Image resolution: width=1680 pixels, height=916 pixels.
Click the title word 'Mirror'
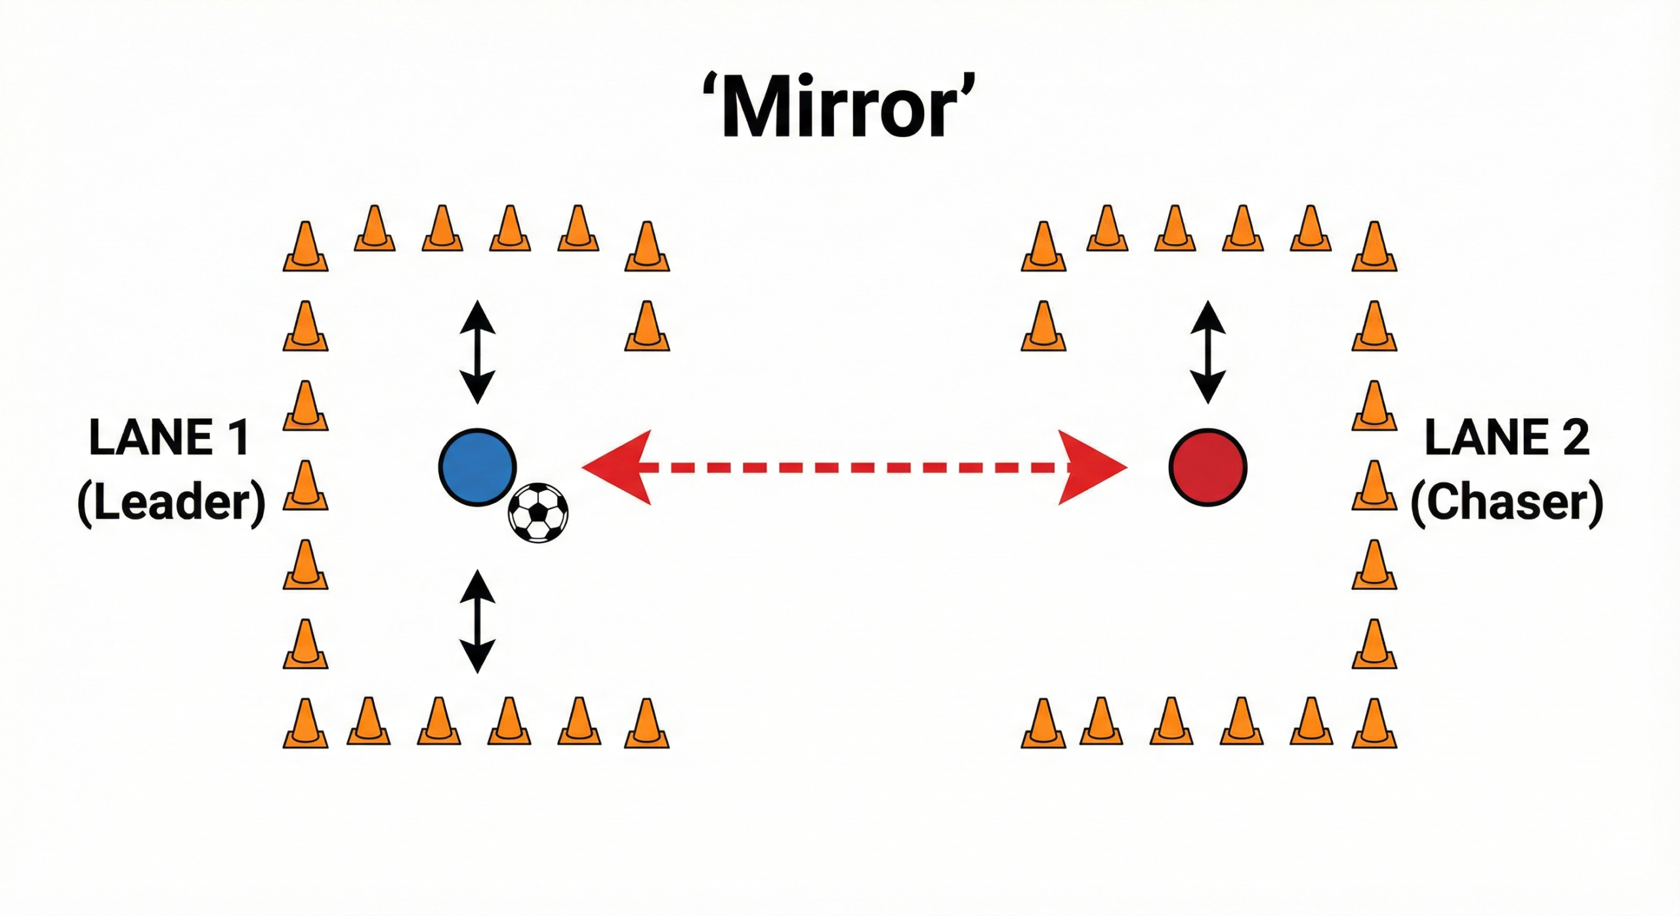(x=839, y=108)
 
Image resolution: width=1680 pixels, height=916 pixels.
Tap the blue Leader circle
(x=477, y=467)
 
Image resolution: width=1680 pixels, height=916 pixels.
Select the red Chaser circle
(x=1207, y=467)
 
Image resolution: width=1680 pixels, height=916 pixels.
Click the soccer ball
(x=538, y=512)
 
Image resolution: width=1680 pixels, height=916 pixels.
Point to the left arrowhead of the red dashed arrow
(x=617, y=467)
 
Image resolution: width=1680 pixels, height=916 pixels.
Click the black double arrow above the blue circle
(x=477, y=352)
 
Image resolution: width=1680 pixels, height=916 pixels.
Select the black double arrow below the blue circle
(x=477, y=621)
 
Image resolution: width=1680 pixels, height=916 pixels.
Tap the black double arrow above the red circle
(x=1207, y=352)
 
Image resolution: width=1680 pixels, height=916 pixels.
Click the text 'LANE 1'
(x=169, y=438)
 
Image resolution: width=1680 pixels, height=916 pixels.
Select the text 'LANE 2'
(x=1507, y=438)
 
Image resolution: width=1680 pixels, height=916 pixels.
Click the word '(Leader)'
(x=171, y=503)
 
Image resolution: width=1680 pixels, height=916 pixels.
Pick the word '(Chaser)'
(x=1507, y=503)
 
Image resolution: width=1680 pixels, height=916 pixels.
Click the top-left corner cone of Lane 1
(x=305, y=247)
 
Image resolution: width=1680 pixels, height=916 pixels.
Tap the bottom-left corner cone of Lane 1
(x=305, y=724)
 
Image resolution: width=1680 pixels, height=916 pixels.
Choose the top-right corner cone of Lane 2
(x=1374, y=247)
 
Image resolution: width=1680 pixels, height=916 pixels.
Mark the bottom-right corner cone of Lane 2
(x=1374, y=724)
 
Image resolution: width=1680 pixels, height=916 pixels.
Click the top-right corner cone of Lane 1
(x=647, y=247)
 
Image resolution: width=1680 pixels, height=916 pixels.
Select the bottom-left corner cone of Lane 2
(x=1043, y=724)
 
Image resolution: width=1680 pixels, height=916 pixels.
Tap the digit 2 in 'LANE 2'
(x=1575, y=438)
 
